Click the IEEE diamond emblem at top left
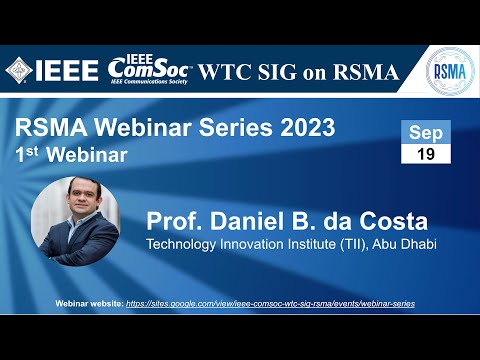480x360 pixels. (x=19, y=69)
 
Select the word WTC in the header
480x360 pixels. (x=228, y=71)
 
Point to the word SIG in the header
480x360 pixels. (x=285, y=71)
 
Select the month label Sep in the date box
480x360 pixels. (x=425, y=133)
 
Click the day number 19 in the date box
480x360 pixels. (x=425, y=154)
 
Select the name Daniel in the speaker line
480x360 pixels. (x=241, y=220)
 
